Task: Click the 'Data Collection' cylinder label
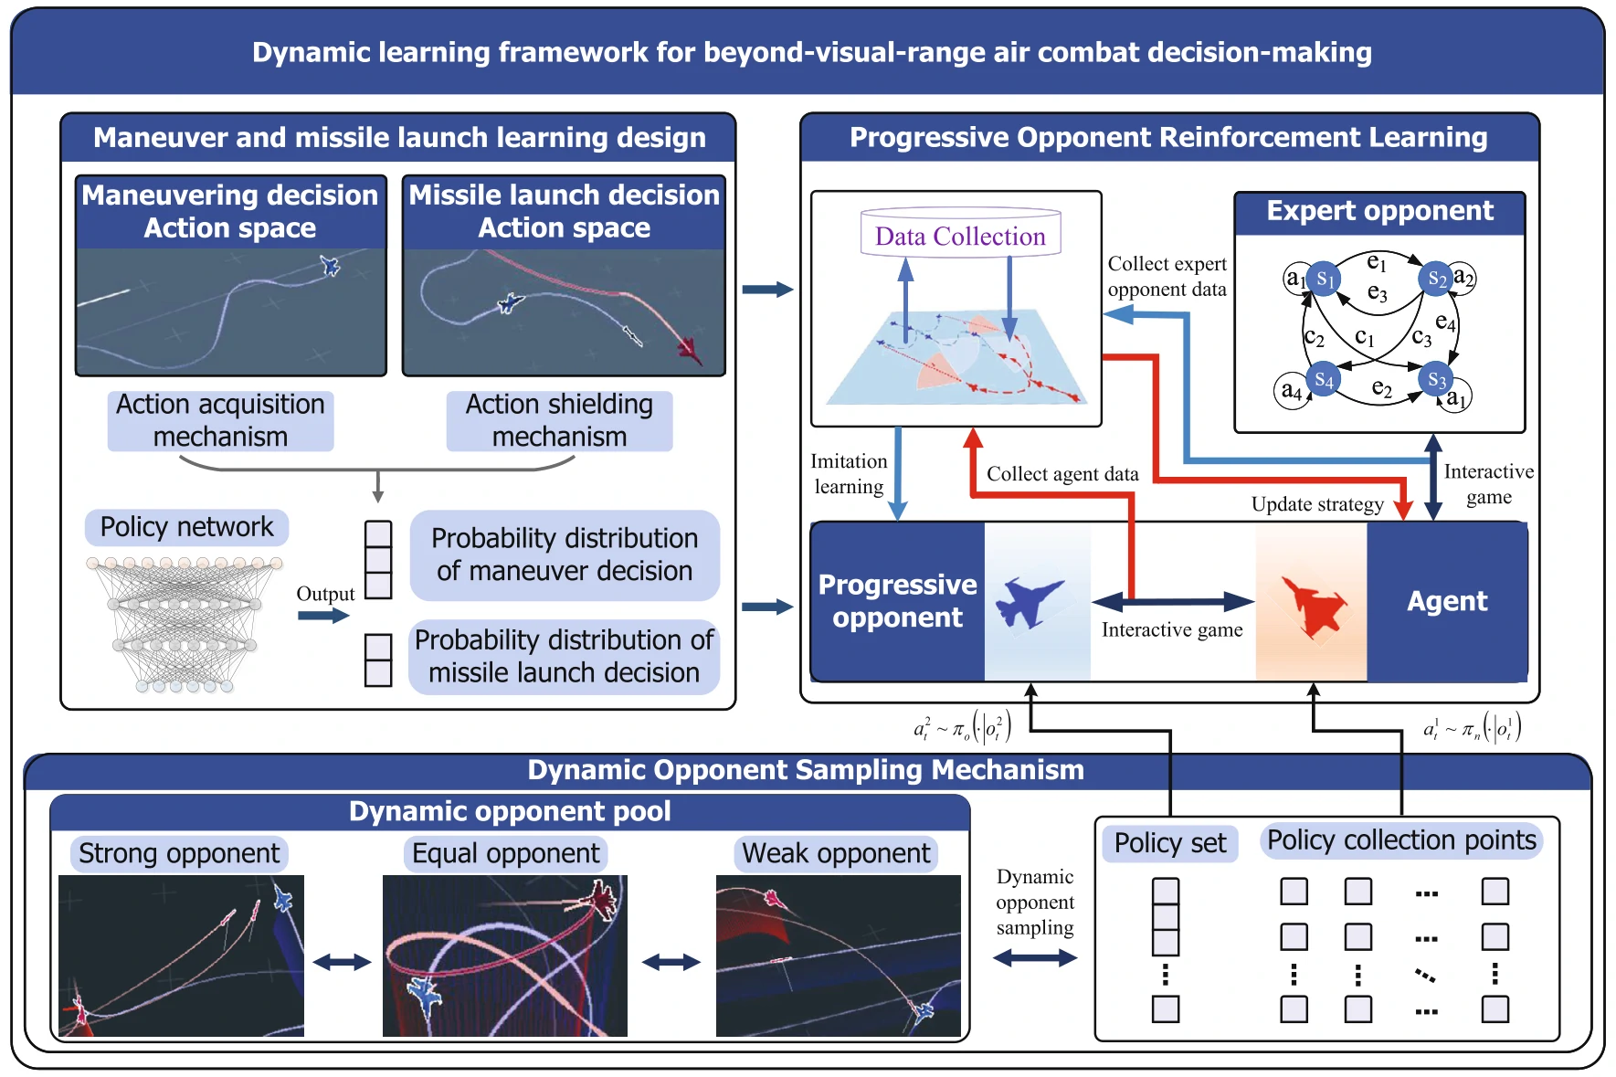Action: coord(960,236)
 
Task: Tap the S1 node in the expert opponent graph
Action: coord(1324,279)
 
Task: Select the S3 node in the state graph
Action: coord(1436,379)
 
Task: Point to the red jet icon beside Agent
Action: coord(1313,604)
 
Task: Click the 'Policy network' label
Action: coord(186,527)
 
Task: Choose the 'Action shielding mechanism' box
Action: coord(559,420)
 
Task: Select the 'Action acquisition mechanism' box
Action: coord(220,420)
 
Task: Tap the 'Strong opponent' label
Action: coord(179,853)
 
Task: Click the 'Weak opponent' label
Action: coord(836,853)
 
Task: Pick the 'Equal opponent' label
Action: coord(505,853)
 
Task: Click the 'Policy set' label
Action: coord(1170,842)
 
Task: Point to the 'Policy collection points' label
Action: coord(1401,839)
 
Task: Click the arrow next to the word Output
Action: coord(323,616)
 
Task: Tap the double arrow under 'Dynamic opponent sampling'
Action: coord(1035,958)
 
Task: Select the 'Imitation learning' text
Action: coord(849,474)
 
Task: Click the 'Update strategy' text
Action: coord(1316,504)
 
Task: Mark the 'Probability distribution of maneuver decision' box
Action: coord(565,554)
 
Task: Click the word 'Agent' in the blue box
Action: coord(1447,601)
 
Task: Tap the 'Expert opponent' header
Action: coord(1379,211)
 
